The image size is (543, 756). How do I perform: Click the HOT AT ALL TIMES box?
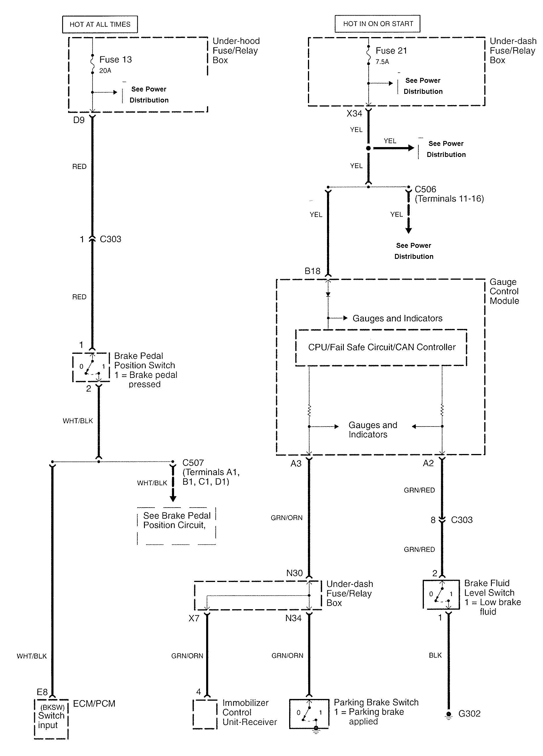click(100, 24)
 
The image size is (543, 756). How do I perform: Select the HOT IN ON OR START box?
click(378, 24)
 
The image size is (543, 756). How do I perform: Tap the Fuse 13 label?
click(116, 60)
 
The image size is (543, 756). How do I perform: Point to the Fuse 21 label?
click(391, 51)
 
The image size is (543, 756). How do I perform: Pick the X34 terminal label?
click(354, 114)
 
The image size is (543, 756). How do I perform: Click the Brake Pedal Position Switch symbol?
click(91, 367)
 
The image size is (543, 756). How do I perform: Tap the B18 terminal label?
click(312, 271)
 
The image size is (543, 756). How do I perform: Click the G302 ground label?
click(469, 714)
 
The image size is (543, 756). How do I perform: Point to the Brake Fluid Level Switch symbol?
click(441, 594)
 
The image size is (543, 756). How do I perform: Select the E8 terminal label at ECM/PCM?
click(42, 692)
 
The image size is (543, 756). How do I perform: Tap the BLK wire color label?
click(435, 655)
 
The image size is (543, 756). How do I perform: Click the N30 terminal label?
click(294, 573)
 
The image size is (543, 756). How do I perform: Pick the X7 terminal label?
click(194, 618)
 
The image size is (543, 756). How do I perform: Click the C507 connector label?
click(193, 463)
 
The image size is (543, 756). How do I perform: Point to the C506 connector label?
click(425, 189)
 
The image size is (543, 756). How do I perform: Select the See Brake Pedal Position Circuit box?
click(176, 526)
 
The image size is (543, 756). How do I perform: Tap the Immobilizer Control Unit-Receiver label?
click(249, 712)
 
